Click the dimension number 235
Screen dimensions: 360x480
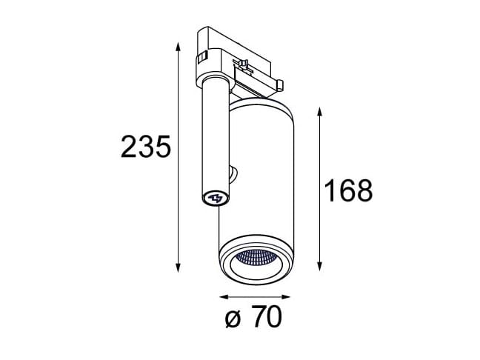[x=145, y=148]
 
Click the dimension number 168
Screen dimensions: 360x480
[x=347, y=191]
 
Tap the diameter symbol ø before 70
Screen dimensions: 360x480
[x=231, y=320]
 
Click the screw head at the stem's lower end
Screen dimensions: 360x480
[x=216, y=198]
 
